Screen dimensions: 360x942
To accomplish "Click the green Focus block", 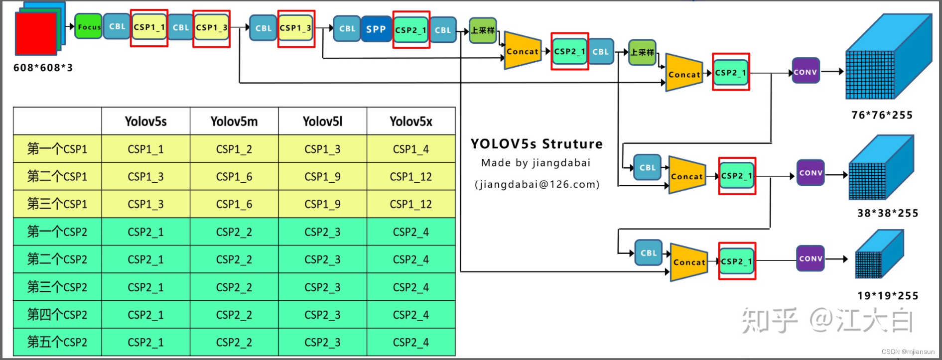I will coord(88,27).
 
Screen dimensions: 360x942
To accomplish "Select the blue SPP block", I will coord(376,29).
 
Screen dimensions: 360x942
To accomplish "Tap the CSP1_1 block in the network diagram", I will coord(149,27).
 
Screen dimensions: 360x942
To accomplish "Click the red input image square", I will coord(36,33).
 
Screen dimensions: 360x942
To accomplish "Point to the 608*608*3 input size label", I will coord(43,68).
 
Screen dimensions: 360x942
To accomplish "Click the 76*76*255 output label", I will coord(882,115).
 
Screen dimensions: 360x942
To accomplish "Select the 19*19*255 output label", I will coord(887,296).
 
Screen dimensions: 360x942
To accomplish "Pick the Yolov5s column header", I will coord(145,121).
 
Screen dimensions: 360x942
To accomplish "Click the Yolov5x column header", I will coord(410,121).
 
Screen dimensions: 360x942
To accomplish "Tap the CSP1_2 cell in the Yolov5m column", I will coord(234,149).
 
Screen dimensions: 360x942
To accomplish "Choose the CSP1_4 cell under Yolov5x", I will coord(410,149).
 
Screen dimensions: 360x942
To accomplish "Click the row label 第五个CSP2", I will coord(57,342).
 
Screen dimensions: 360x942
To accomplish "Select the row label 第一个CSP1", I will coord(57,149).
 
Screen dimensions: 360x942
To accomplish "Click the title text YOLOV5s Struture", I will coord(537,144).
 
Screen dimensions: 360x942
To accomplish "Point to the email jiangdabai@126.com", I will coord(537,185).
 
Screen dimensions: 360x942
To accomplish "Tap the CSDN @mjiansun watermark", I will coord(908,352).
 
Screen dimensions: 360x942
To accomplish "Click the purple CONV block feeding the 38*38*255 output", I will coord(810,173).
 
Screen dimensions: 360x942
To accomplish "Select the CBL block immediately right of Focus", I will coord(117,27).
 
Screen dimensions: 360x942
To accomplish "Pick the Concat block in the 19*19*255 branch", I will coord(689,262).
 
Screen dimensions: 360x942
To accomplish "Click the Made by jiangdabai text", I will coord(536,163).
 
